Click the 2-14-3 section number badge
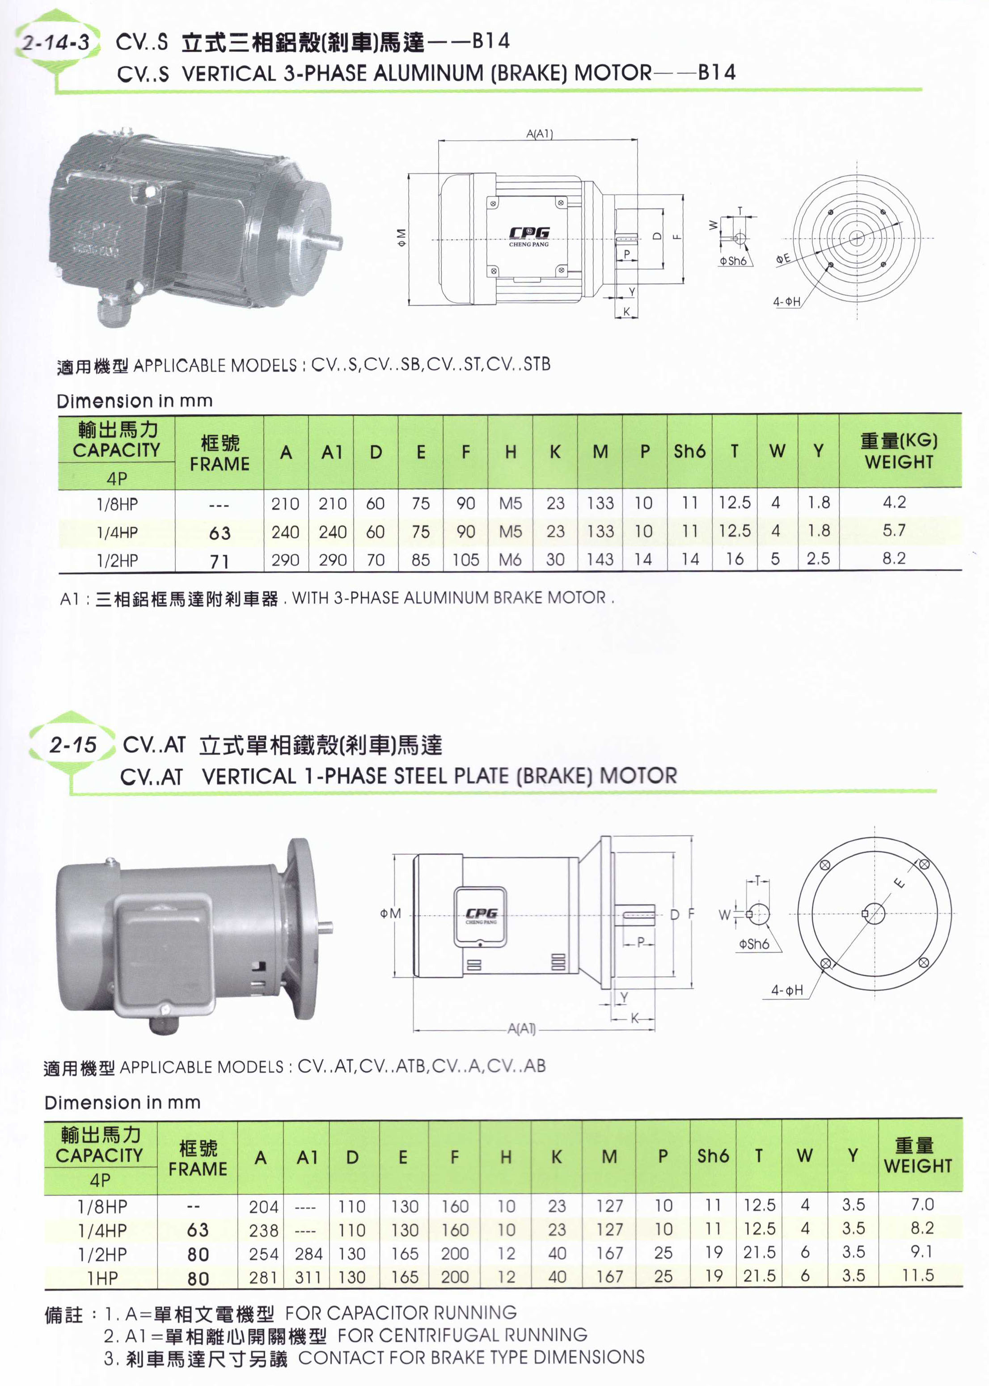click(x=55, y=42)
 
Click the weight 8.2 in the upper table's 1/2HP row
click(x=894, y=558)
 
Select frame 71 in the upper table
click(x=219, y=561)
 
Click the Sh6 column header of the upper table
click(x=689, y=451)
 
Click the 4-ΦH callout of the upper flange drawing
click(x=787, y=301)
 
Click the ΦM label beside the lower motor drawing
click(x=390, y=913)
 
